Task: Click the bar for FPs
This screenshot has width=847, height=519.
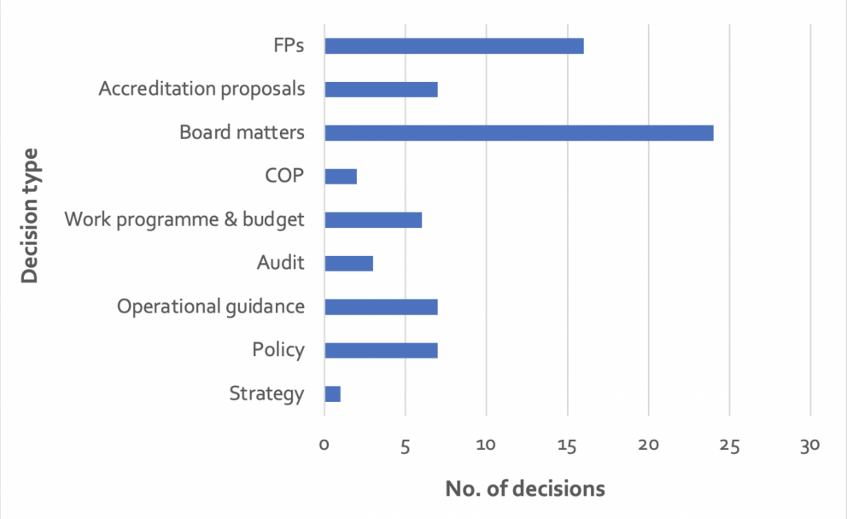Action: coord(454,46)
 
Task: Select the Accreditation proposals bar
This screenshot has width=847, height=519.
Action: coord(382,90)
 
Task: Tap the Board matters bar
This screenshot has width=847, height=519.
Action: coord(519,133)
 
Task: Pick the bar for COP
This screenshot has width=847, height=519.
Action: coord(341,177)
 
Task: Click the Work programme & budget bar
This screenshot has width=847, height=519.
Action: coord(373,219)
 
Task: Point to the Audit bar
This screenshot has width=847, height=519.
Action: coord(349,264)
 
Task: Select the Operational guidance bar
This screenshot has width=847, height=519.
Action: coord(382,306)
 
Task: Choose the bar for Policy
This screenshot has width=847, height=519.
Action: coord(382,351)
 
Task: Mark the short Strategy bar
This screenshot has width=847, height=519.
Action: coord(333,394)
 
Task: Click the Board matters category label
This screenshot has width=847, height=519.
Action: coord(242,132)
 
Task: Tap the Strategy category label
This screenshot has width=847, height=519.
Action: coord(267,394)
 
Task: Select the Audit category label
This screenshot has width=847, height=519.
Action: coord(280,263)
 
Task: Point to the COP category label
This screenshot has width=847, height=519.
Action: coord(284,176)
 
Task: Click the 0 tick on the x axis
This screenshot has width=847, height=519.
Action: coord(324,445)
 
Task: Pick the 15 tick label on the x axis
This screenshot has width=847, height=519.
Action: coord(567,446)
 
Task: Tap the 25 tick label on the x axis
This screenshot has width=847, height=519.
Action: coord(729,446)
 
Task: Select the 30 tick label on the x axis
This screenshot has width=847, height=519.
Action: coord(810,446)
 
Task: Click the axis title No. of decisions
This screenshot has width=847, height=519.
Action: coord(525,489)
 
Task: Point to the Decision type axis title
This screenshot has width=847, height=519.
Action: coord(30,216)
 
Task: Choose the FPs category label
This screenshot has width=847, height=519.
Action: coord(289,45)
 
